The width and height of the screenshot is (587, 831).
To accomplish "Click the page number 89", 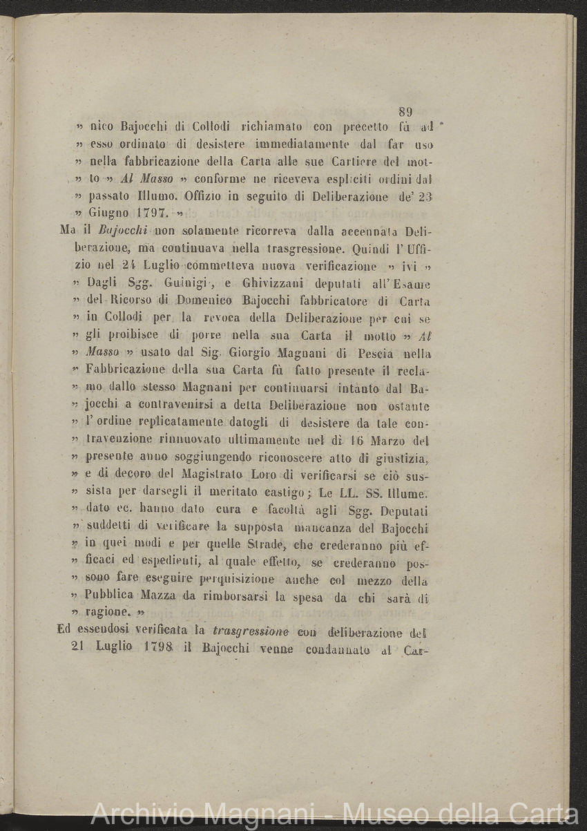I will click(405, 112).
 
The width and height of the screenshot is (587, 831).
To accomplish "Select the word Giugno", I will click(106, 213).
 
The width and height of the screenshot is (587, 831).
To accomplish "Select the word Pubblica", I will click(113, 598).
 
